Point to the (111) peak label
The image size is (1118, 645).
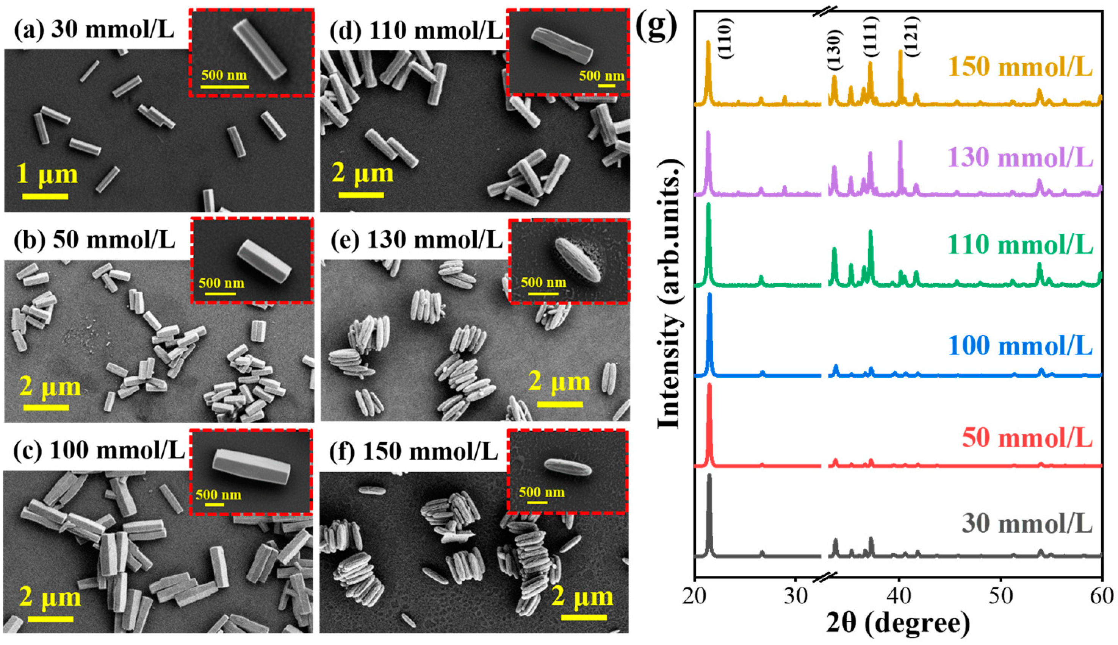click(x=871, y=36)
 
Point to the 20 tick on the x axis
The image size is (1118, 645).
click(x=695, y=597)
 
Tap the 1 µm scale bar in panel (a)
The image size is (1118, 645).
click(x=45, y=196)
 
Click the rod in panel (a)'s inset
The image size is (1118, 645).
click(x=260, y=49)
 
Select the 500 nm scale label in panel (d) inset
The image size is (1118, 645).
click(x=601, y=76)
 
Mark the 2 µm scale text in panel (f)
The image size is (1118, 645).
click(x=582, y=597)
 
